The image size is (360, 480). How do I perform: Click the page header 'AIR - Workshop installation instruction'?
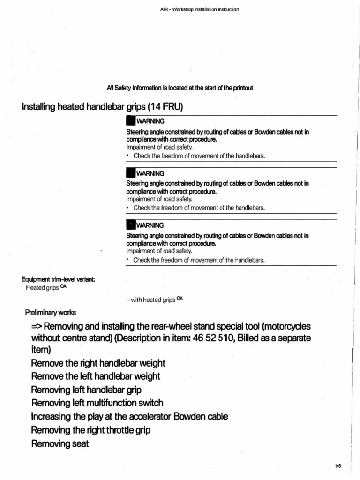coord(200,9)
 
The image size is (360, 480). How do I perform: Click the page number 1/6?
coord(338,465)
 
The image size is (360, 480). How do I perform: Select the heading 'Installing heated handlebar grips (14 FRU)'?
coord(102,107)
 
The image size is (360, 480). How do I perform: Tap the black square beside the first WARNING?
coord(130,121)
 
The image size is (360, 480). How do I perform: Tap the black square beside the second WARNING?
coord(130,173)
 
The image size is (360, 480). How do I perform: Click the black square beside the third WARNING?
coord(130,225)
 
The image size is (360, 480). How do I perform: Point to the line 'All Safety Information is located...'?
coord(180,88)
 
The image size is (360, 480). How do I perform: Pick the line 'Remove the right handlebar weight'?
coord(98,363)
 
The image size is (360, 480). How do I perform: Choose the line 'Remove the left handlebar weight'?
coord(96,376)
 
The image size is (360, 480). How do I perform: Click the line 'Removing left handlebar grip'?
coord(86,390)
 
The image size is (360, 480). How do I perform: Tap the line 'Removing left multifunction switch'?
coord(97,403)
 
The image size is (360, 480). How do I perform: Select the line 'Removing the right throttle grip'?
coord(91,429)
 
